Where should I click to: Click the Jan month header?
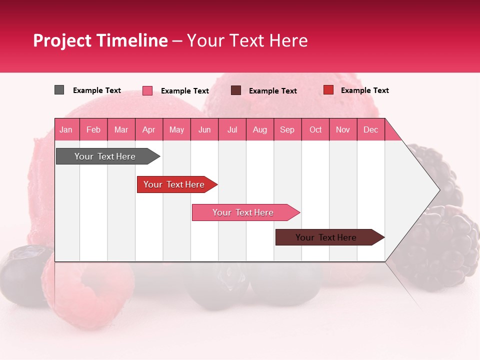(66, 129)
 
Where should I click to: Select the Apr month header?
(149, 129)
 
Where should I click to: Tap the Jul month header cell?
(232, 129)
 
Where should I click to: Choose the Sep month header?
(287, 129)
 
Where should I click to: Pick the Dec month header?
(370, 129)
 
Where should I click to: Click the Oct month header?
(315, 129)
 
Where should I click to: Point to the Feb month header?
(93, 129)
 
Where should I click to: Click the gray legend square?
(59, 90)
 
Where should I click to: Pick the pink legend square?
(147, 90)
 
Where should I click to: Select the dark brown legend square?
(236, 90)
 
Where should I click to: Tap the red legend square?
(328, 90)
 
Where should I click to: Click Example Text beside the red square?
(364, 90)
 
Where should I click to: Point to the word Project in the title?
(62, 40)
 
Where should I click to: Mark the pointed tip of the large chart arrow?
(438, 189)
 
